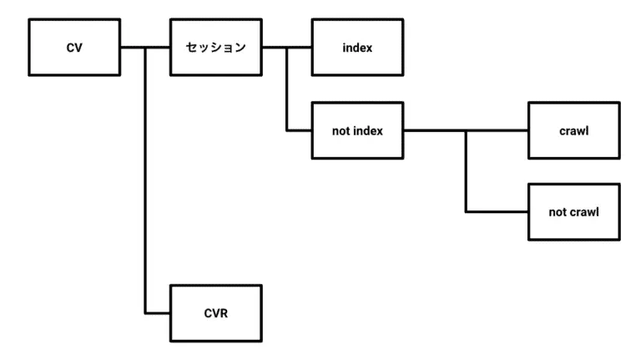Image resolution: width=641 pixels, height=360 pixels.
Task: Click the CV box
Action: pyautogui.click(x=74, y=48)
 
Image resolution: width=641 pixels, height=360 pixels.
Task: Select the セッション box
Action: pyautogui.click(x=215, y=48)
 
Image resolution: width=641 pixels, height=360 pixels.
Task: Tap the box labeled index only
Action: pyautogui.click(x=357, y=48)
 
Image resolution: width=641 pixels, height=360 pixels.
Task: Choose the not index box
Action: pyautogui.click(x=357, y=130)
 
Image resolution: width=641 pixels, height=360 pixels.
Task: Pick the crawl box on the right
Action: pyautogui.click(x=574, y=130)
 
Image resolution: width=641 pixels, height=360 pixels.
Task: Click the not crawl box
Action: pyautogui.click(x=574, y=212)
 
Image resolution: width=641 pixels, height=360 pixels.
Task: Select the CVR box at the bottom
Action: pyautogui.click(x=215, y=312)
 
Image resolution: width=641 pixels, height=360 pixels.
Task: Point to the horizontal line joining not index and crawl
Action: pyautogui.click(x=434, y=130)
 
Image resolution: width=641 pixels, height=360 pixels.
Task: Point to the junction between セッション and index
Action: pyautogui.click(x=286, y=48)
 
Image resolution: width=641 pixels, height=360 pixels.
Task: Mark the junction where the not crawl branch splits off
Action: pyautogui.click(x=467, y=130)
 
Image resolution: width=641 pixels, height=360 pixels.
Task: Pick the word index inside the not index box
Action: pyautogui.click(x=367, y=130)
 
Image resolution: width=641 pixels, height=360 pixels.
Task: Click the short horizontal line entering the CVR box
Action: pyautogui.click(x=158, y=312)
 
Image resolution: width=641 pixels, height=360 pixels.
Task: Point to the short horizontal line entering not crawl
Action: pyautogui.click(x=497, y=212)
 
